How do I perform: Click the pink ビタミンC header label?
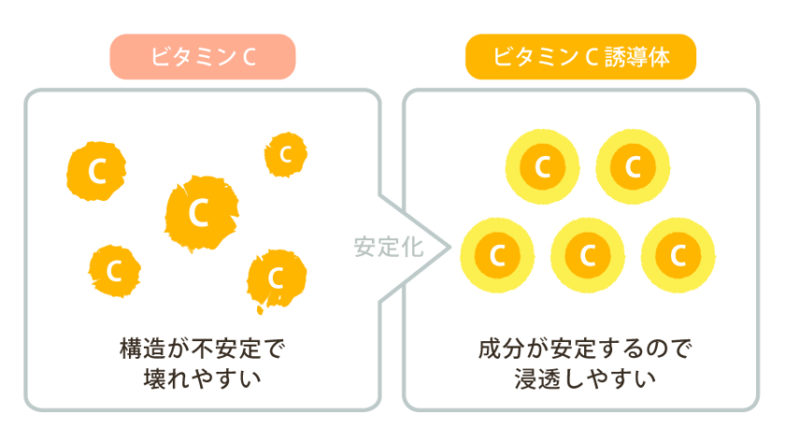click(203, 57)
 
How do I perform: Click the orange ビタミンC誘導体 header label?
click(580, 57)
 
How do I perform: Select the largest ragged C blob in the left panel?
click(199, 213)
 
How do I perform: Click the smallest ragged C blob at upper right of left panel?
click(286, 153)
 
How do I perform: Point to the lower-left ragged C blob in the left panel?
click(115, 271)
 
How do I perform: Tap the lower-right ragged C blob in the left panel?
click(276, 278)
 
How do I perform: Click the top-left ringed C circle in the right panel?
click(543, 167)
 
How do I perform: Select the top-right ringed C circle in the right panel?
click(633, 167)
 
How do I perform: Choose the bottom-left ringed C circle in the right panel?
click(498, 254)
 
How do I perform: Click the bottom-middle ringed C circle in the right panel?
click(589, 254)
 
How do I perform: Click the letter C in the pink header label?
click(248, 57)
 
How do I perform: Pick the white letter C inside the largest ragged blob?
click(198, 213)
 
